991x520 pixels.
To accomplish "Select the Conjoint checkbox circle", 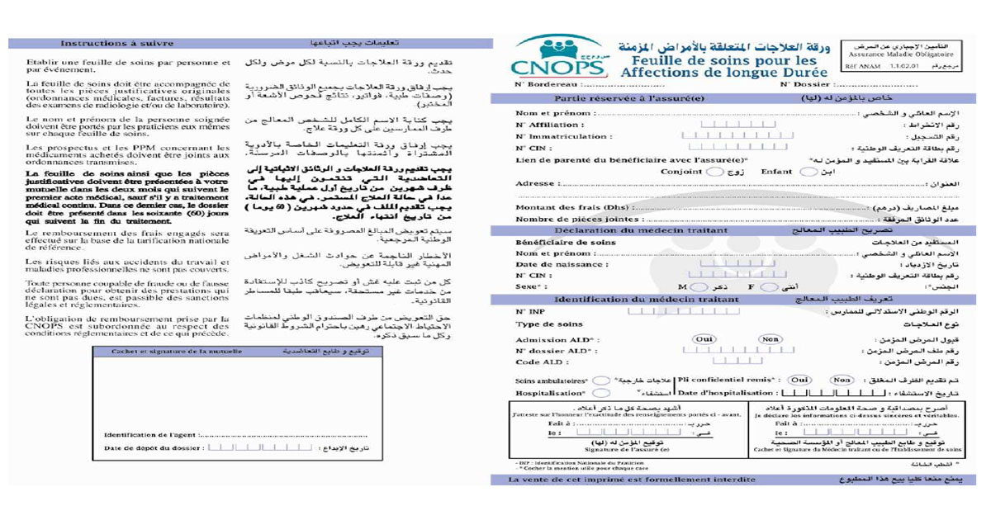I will coord(715,172).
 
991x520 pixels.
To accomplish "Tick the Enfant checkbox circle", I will coord(808,172).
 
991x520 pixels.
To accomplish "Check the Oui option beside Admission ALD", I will coord(704,339).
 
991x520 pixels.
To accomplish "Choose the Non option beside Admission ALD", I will coord(770,339).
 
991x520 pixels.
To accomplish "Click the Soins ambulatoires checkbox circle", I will coord(602,381).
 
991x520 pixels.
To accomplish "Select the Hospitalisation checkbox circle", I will coord(602,393).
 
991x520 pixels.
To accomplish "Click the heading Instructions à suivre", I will coord(117,43).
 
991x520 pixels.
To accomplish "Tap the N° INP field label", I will coord(531,311).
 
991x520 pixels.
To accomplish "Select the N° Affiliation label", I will coord(545,125).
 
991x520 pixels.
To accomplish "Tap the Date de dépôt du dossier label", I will coord(154,448).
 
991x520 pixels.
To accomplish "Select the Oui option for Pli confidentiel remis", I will coord(799,380).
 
